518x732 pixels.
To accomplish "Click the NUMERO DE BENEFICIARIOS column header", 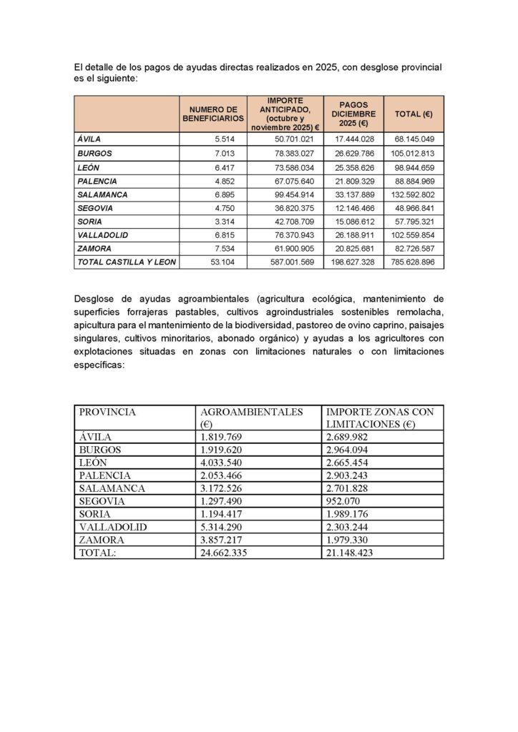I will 213,114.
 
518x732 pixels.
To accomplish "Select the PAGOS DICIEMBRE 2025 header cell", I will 353,114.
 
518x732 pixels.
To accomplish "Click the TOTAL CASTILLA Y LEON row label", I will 125,262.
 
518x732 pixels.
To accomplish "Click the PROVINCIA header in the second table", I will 107,412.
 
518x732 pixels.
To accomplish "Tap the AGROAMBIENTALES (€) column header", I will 252,412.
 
